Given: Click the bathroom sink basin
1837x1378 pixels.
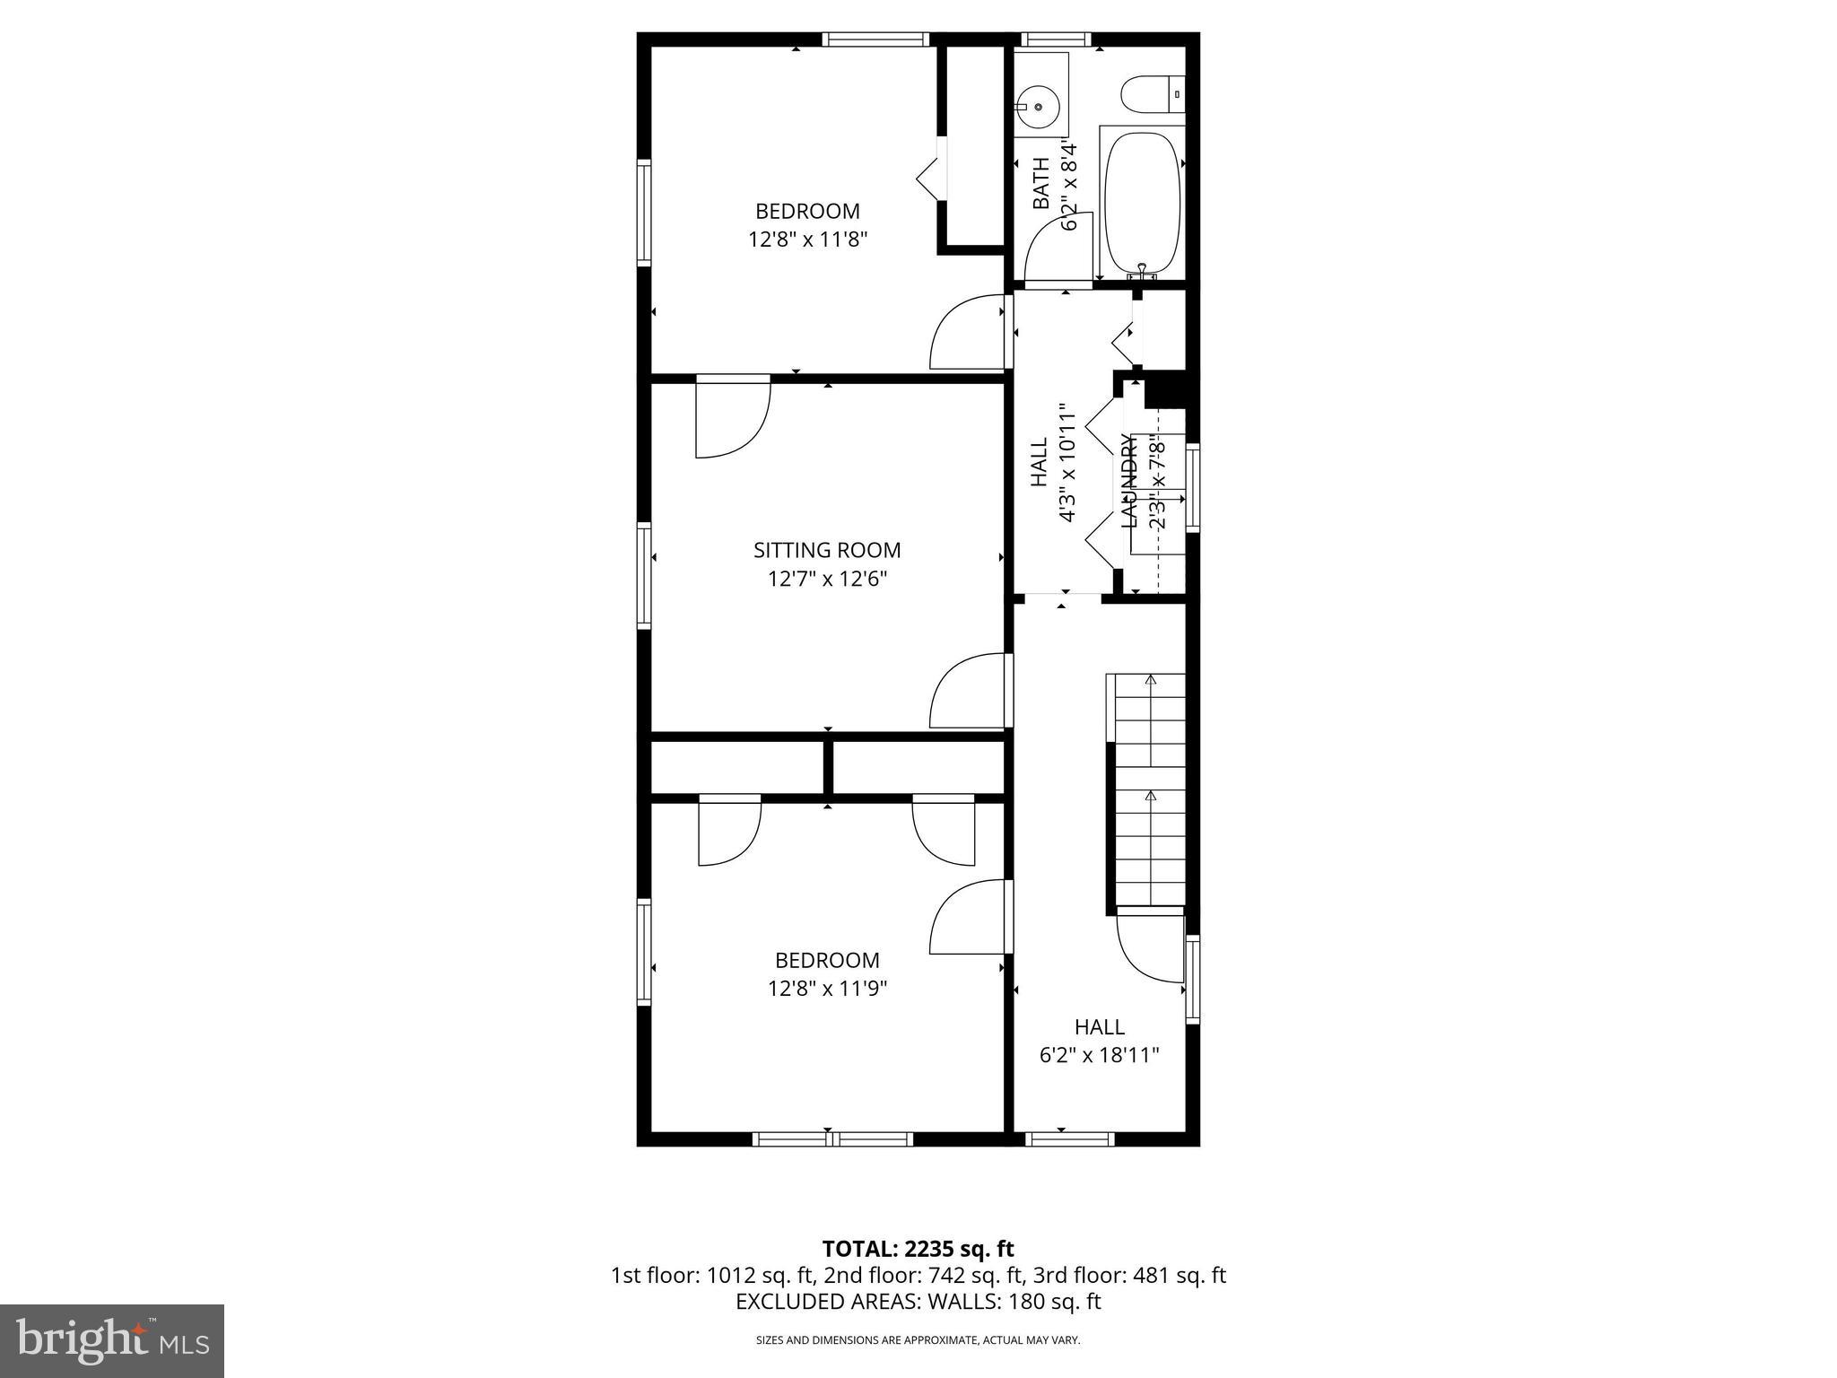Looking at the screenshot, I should tap(1038, 107).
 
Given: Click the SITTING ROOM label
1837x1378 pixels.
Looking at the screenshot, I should tap(826, 550).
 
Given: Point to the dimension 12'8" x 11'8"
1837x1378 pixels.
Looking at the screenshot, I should tap(807, 240).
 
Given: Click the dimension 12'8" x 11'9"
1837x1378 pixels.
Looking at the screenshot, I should tap(827, 989).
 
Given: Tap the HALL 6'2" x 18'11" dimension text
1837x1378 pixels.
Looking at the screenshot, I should tap(1099, 1055).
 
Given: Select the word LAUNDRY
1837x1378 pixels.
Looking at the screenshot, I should tap(1128, 480).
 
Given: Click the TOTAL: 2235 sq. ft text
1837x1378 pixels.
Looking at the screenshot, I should tap(918, 1249).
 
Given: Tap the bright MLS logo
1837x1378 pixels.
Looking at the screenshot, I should tap(112, 1340).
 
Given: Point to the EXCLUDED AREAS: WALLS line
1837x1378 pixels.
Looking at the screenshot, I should tap(918, 1302).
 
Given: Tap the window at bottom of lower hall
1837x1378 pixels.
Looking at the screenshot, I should tap(1069, 1139).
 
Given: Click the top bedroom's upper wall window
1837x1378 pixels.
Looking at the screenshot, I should tap(875, 39).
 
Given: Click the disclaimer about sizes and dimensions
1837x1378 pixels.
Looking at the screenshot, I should tap(918, 1340).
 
